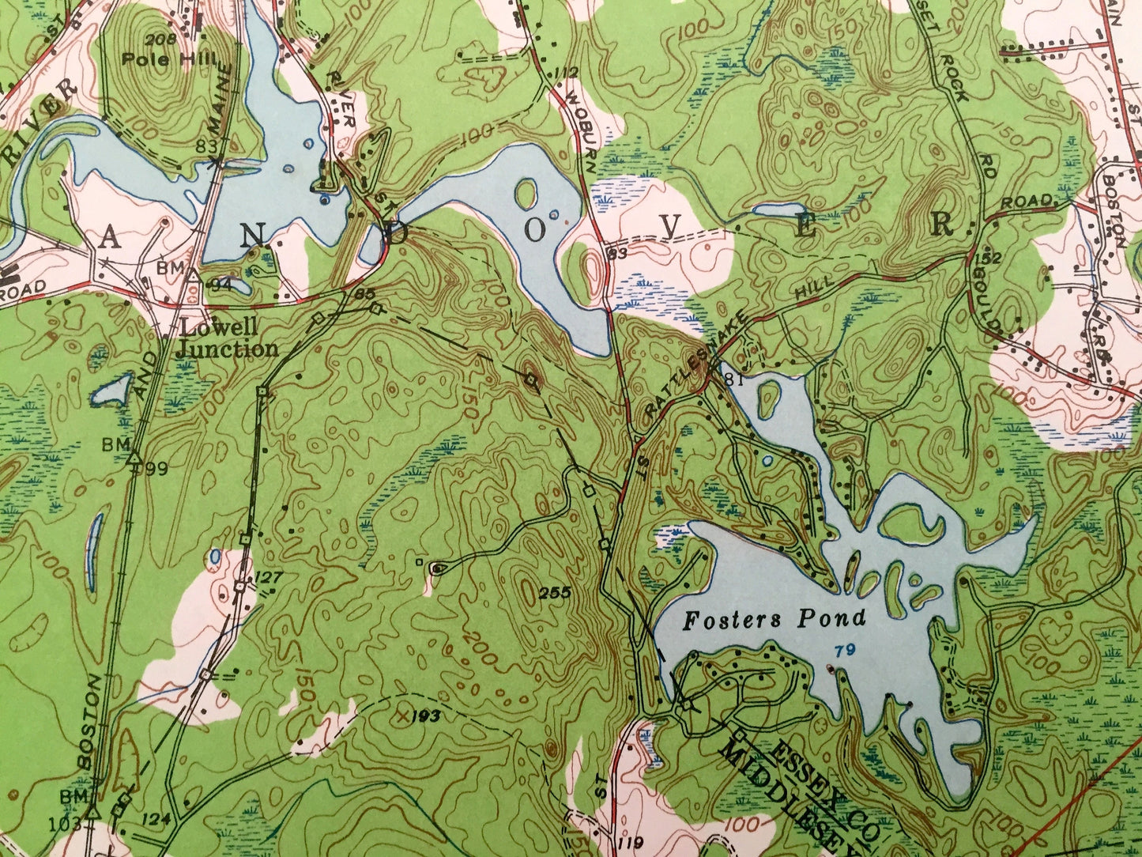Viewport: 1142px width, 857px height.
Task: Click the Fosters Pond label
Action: pos(774,619)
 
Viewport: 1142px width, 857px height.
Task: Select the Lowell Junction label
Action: pos(226,338)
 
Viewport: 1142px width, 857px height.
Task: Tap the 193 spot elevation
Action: pos(425,717)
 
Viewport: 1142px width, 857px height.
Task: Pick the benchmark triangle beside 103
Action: pos(93,811)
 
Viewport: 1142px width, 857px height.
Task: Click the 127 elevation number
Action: pos(269,577)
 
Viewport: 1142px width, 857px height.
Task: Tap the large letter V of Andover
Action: pos(671,227)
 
